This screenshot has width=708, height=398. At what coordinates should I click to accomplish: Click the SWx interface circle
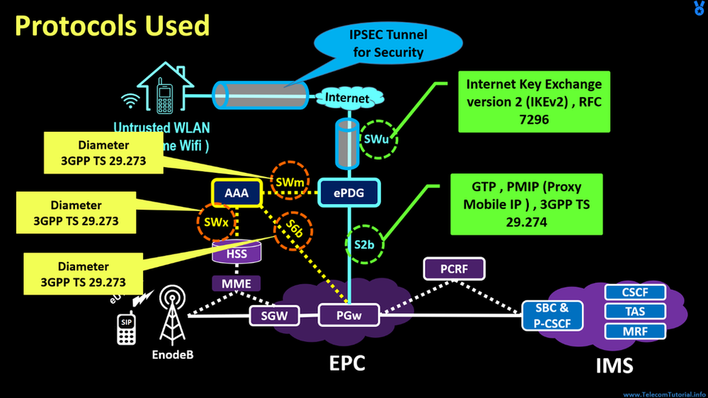[215, 222]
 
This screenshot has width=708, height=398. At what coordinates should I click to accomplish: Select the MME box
[236, 283]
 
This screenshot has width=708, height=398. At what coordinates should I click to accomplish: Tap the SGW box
[274, 315]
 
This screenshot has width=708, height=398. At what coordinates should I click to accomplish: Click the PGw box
[348, 315]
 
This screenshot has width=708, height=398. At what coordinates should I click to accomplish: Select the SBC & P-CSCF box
[552, 316]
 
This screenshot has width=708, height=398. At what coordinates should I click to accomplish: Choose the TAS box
[635, 312]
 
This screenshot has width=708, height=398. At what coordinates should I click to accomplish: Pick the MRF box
[635, 331]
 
